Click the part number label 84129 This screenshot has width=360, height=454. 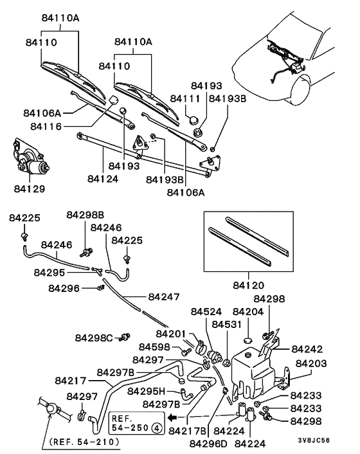pos(30,190)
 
